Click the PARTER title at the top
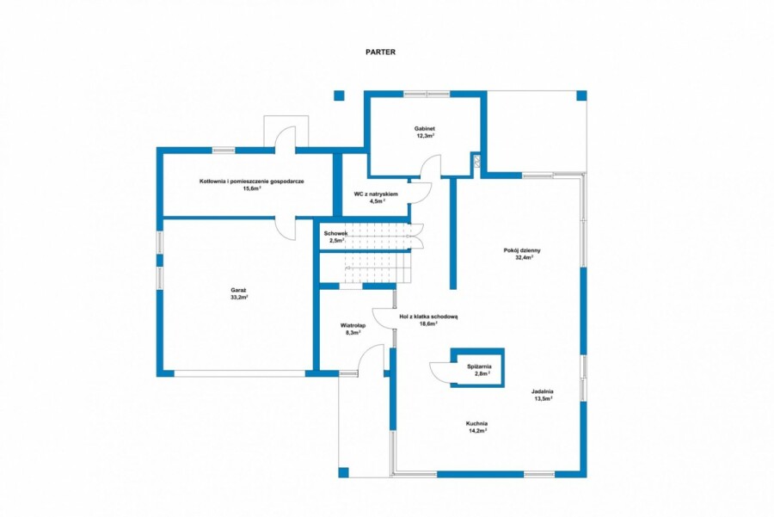click(380, 52)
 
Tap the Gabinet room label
click(425, 128)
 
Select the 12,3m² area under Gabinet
click(425, 135)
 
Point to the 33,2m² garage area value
click(239, 298)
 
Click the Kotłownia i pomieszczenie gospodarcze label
click(252, 182)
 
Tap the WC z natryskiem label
click(376, 194)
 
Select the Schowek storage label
click(335, 234)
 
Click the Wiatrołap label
click(353, 326)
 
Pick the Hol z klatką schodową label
click(428, 317)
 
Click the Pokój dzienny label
click(522, 250)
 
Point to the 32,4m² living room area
click(525, 257)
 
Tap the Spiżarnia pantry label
click(479, 366)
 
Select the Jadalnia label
click(543, 391)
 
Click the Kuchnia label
click(476, 424)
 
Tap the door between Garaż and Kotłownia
click(286, 230)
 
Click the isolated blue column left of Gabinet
click(339, 95)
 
